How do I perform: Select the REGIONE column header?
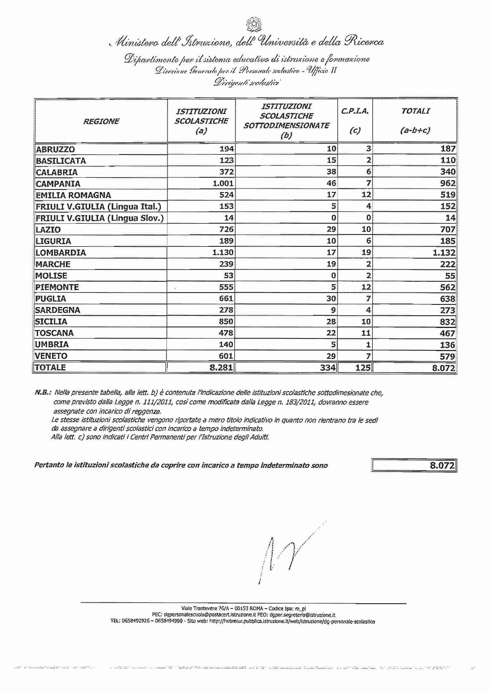[101, 121]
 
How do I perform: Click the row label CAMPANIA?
[58, 183]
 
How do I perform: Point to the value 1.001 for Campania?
[223, 183]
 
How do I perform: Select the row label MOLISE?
[51, 276]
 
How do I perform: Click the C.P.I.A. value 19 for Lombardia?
[366, 252]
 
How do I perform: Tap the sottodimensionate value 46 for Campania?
[331, 183]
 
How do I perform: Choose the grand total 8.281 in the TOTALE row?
[221, 367]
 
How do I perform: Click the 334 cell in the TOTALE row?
[328, 367]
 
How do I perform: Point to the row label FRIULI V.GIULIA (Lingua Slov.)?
[100, 218]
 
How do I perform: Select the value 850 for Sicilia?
[226, 321]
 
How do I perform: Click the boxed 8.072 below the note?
[442, 465]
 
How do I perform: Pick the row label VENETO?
[51, 356]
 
